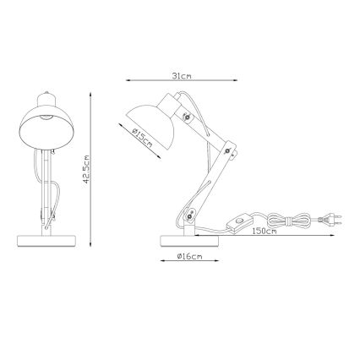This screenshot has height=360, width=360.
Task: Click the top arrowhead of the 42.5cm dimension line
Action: [93, 94]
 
